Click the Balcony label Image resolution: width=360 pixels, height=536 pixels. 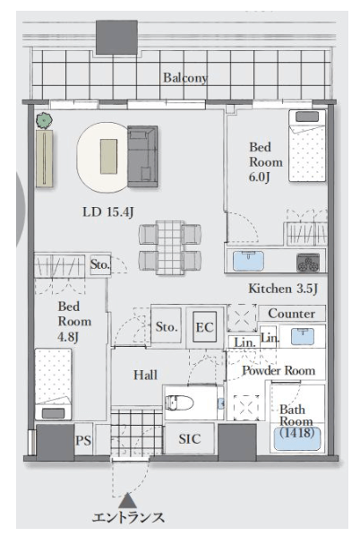pos(185,78)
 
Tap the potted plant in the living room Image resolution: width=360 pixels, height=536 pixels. pos(44,120)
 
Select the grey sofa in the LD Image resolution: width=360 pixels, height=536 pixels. pos(142,156)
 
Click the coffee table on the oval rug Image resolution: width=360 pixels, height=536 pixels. pos(108,156)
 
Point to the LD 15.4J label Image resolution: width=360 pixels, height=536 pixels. pos(108,212)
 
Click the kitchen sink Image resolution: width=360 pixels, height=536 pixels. pos(248,261)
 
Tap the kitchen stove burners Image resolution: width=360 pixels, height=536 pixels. pos(308,263)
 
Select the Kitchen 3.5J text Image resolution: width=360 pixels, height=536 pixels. pos(283,289)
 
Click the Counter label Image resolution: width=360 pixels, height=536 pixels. pos(291,314)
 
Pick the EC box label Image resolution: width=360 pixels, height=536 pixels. pos(204,327)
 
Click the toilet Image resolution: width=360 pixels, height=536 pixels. pos(179,402)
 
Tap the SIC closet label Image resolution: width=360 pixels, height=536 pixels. pos(190,439)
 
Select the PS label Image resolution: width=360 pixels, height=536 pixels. pos(83,440)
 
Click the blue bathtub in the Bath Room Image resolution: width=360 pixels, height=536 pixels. pos(296,439)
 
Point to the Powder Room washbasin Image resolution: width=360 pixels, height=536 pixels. pos(303,336)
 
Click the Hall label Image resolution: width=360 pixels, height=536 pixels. pos(145,375)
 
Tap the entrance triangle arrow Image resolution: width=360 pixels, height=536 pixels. pos(128,500)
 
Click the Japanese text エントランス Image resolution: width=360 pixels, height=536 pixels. pos(128,517)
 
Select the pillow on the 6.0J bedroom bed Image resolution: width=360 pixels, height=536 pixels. pos(307,117)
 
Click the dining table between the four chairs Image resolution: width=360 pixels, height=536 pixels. pos(170,247)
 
